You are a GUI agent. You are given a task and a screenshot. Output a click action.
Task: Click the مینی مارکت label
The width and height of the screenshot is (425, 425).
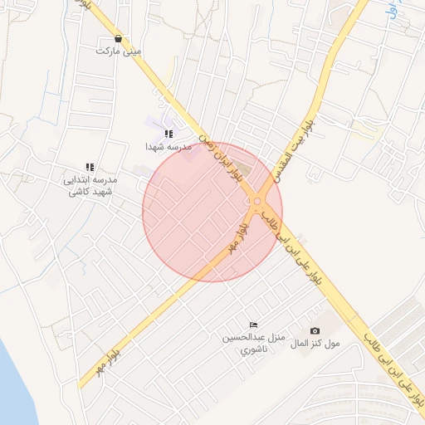[x=119, y=51]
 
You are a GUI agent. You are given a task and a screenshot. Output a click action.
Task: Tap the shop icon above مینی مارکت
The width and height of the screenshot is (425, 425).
[x=119, y=38]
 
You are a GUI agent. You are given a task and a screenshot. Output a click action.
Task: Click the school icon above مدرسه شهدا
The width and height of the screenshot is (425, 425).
[x=169, y=134]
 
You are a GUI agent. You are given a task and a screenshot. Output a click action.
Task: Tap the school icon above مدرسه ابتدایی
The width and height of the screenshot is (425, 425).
[x=90, y=167]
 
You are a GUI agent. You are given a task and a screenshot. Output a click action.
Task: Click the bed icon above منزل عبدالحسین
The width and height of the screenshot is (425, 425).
[x=253, y=325]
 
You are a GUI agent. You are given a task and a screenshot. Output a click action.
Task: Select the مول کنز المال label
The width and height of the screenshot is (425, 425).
[x=315, y=344]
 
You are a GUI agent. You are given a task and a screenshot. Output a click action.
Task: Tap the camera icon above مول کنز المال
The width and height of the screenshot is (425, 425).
[x=314, y=331]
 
